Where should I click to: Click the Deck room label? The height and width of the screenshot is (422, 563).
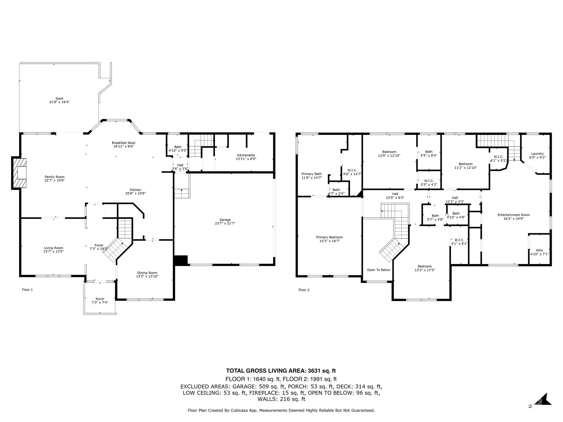tap(59, 98)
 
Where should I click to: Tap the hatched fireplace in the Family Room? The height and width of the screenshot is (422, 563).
tap(20, 173)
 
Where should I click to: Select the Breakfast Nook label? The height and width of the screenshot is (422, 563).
tap(123, 143)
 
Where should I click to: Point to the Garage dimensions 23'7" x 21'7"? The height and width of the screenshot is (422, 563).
tap(225, 223)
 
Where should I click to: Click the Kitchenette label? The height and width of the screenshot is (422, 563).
tap(246, 155)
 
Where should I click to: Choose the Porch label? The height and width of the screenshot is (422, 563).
tap(100, 299)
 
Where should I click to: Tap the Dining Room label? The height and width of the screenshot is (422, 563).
tap(147, 273)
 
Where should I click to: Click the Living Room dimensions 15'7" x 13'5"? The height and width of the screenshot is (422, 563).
tap(54, 251)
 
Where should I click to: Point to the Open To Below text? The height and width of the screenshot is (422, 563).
tap(378, 270)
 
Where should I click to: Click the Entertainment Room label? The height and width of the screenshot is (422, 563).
tap(514, 215)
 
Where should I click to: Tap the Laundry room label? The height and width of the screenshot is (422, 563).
tap(537, 154)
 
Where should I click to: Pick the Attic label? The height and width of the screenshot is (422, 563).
tap(539, 250)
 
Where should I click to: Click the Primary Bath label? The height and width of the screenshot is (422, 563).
tap(311, 174)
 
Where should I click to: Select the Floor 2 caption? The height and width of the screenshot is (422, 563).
tap(304, 290)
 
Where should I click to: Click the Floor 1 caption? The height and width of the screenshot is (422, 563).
tap(27, 290)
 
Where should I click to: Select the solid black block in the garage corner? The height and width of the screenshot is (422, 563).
tap(181, 260)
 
